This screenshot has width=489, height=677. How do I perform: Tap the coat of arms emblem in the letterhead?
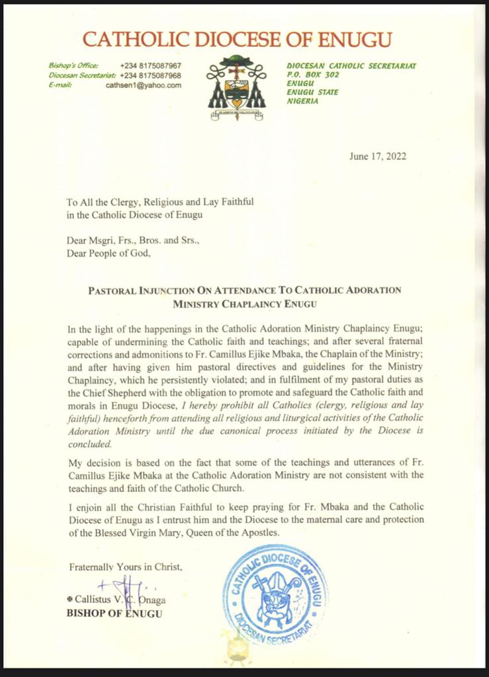pyautogui.click(x=237, y=87)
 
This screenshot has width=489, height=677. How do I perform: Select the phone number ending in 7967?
pyautogui.click(x=151, y=66)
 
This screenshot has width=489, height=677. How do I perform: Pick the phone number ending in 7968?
pyautogui.click(x=151, y=75)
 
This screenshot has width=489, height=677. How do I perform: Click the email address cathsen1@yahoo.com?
pyautogui.click(x=143, y=85)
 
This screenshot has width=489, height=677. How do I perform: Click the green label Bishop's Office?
pyautogui.click(x=73, y=66)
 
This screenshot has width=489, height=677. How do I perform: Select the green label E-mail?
pyautogui.click(x=60, y=85)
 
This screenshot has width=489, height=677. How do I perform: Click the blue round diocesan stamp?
pyautogui.click(x=274, y=596)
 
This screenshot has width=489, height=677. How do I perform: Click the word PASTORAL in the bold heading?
pyautogui.click(x=117, y=290)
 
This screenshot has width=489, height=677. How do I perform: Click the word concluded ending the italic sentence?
pyautogui.click(x=89, y=445)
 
